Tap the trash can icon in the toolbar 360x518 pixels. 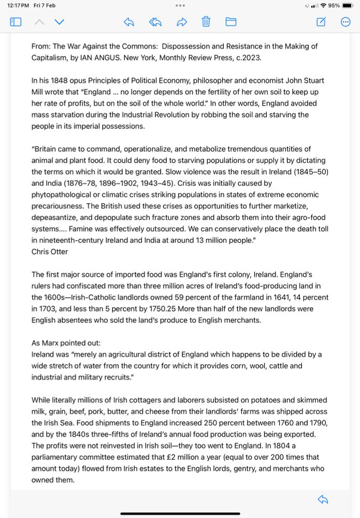click(x=206, y=22)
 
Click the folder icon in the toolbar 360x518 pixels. click(x=231, y=22)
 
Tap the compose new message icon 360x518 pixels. click(x=321, y=22)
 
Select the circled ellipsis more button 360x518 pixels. click(x=346, y=22)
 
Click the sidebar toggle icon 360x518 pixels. click(x=16, y=22)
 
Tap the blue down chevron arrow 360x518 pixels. click(x=60, y=22)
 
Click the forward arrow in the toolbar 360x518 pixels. click(x=181, y=22)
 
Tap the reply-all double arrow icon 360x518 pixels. click(x=155, y=22)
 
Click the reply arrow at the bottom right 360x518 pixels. click(x=323, y=499)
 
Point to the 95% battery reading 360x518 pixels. click(x=334, y=5)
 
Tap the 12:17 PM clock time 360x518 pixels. click(x=18, y=5)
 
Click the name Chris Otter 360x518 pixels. click(x=50, y=252)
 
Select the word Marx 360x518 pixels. click(x=53, y=343)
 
